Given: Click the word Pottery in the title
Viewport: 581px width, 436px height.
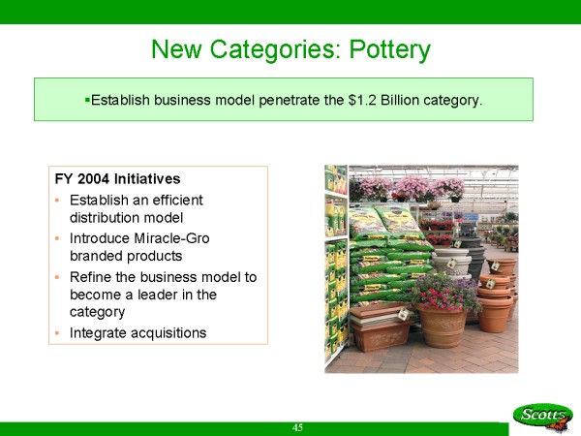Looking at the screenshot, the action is pos(390,49).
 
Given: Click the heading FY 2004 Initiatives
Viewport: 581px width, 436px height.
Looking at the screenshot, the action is pos(117,179).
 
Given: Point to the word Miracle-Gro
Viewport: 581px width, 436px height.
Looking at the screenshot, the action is pos(172,238).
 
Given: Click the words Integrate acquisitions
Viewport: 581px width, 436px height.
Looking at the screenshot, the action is pos(138,333).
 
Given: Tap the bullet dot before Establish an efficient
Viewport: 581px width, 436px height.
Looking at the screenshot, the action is pos(57,201).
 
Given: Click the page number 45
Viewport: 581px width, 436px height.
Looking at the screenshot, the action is pos(297,428).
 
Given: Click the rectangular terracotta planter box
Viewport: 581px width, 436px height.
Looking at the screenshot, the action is pos(380,327).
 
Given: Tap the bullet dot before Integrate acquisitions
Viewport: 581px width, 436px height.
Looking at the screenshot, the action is pos(57,333).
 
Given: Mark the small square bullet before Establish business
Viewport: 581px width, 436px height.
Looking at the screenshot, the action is pos(87,100).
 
